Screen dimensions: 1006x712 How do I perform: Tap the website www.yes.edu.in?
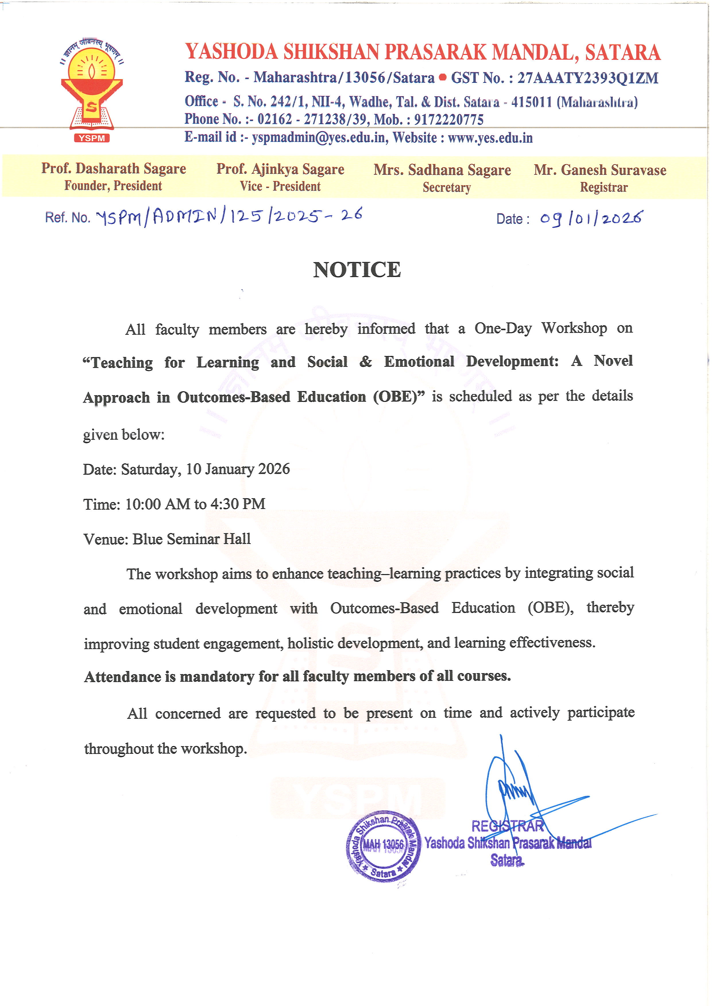coord(490,138)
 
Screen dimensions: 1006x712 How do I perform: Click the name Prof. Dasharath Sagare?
coord(114,168)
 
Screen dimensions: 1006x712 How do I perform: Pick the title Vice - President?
coord(280,186)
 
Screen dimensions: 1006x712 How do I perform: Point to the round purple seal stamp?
coord(384,846)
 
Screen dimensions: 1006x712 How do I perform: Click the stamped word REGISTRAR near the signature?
coord(507,826)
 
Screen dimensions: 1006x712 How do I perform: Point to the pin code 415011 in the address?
coord(531,102)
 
